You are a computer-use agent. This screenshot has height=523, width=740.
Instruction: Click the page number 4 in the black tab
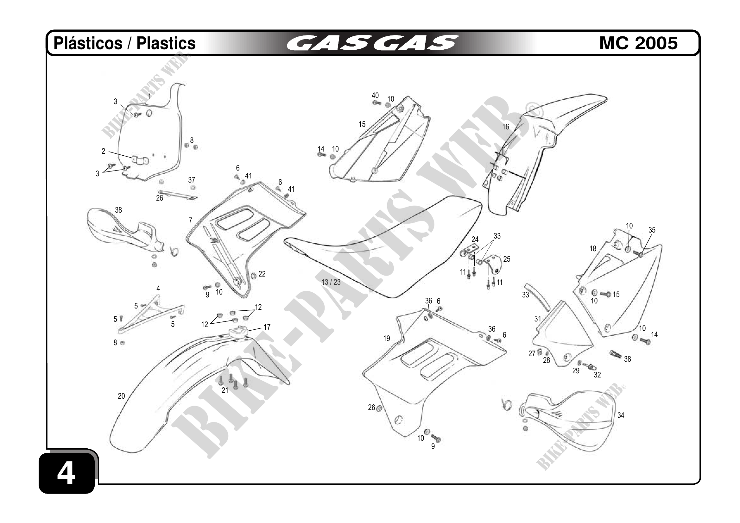click(x=66, y=474)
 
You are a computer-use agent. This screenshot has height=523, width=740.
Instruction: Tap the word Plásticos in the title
click(x=88, y=43)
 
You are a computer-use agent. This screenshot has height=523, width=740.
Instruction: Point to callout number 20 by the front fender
click(x=121, y=396)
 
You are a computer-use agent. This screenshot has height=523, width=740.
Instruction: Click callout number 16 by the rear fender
click(x=506, y=127)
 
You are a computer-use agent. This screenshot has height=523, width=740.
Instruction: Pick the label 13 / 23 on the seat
click(x=331, y=282)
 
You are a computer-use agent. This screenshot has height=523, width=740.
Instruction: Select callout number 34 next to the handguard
click(x=621, y=415)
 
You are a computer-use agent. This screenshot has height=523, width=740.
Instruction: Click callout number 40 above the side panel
click(x=375, y=96)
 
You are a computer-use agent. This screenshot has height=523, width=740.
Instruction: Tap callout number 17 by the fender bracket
click(x=267, y=327)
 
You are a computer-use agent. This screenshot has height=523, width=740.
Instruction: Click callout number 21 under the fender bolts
click(x=225, y=390)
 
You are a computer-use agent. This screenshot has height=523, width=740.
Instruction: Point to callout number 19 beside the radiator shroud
click(x=387, y=339)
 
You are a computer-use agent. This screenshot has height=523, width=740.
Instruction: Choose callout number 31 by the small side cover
click(x=538, y=319)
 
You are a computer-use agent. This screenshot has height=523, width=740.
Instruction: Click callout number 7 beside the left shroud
click(x=191, y=221)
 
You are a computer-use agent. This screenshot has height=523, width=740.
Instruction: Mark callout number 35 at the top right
click(x=652, y=230)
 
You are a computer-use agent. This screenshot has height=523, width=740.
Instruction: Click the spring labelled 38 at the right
click(x=615, y=354)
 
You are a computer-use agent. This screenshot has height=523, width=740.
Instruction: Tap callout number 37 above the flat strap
click(x=192, y=180)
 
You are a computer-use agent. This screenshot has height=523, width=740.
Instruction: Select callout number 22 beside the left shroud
click(x=262, y=274)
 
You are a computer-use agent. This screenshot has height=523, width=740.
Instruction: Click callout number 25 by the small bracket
click(x=507, y=259)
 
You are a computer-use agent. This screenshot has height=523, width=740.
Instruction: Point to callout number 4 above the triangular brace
click(x=158, y=289)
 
